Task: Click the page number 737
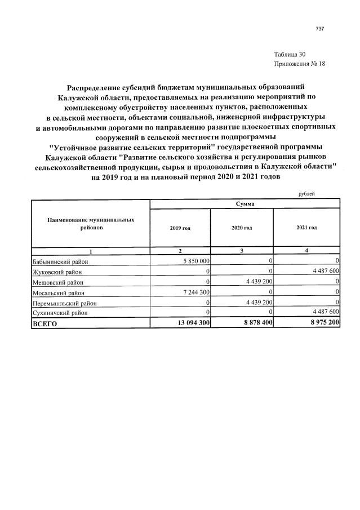pos(320,29)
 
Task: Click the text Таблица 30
pos(290,55)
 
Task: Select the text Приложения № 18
pos(299,64)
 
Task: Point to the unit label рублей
pos(306,193)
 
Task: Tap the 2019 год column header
pos(180,228)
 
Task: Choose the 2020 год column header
pos(242,228)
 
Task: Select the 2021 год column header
pos(306,228)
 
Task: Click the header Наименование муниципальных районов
pos(91,224)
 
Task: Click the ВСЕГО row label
pos(45,324)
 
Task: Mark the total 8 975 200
pos(321,323)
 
